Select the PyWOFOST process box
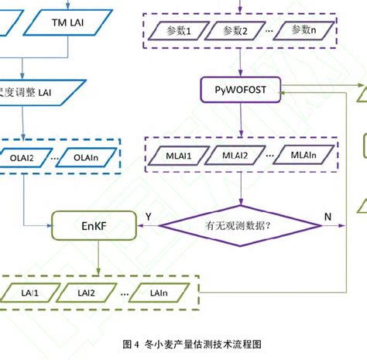pos(242,91)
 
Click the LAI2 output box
pos(86,293)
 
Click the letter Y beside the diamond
pos(148,216)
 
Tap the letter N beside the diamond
pos(328,217)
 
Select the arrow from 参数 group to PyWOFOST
pos(242,63)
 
